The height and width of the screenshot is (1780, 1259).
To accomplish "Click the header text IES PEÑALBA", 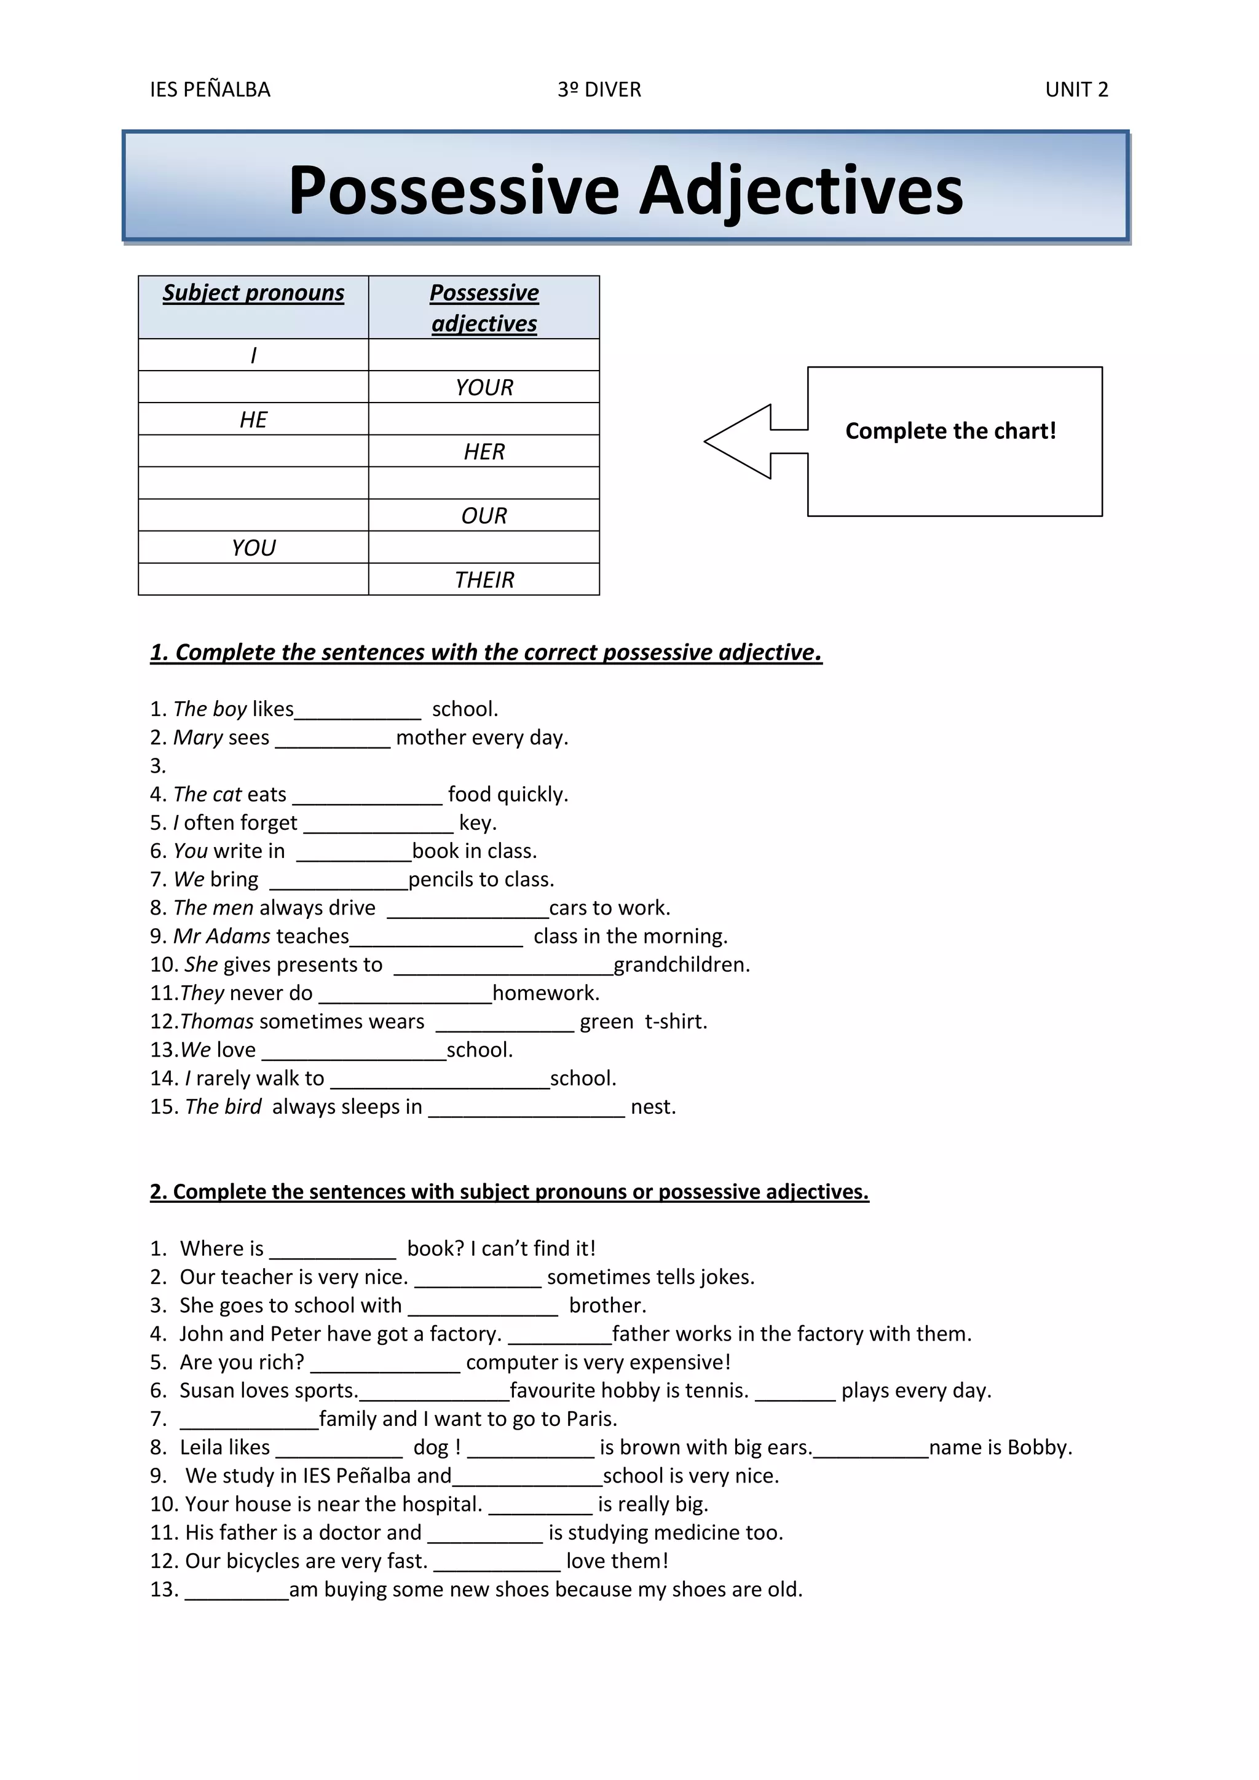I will point(210,90).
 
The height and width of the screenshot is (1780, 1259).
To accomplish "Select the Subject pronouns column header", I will point(253,293).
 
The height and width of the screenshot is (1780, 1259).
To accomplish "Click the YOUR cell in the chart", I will point(484,387).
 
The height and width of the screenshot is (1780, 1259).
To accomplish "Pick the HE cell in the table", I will point(253,419).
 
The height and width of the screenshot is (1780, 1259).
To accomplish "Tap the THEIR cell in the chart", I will point(484,580).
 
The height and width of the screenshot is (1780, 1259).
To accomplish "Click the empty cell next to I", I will point(484,355).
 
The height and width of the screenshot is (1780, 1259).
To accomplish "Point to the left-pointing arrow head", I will point(736,441).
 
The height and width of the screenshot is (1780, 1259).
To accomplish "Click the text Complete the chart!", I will point(950,431).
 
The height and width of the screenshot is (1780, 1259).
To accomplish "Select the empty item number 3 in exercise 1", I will point(158,766).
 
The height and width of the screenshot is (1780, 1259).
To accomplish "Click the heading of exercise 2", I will point(510,1192).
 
